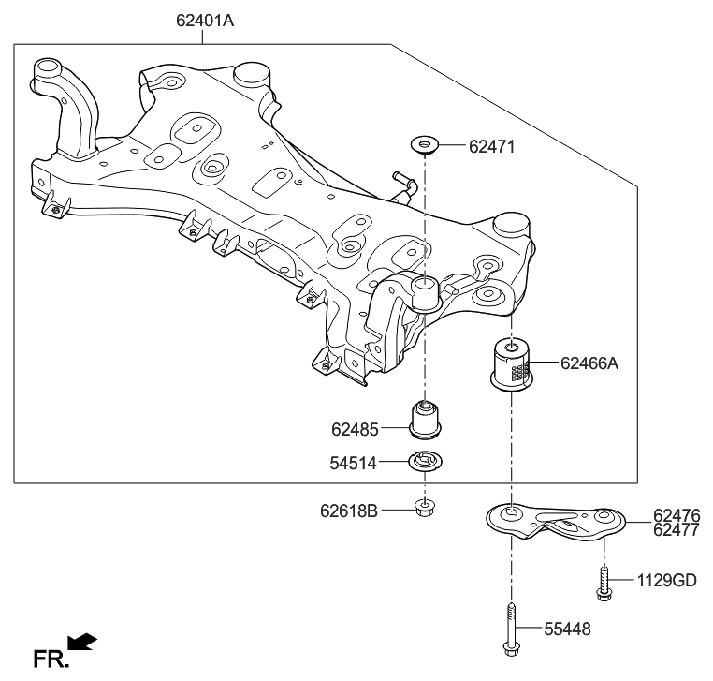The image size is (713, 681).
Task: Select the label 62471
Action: [492, 147]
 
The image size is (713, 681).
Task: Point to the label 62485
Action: [354, 431]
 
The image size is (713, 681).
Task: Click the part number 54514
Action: [354, 462]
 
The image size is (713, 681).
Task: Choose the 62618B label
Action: [349, 511]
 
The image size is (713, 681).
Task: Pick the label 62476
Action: [676, 516]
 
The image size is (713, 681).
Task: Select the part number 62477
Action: [676, 530]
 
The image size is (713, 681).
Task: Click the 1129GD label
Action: [667, 581]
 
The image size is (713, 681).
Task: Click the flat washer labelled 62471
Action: [425, 145]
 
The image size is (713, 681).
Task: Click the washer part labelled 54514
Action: [426, 461]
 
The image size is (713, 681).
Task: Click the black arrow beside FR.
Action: [83, 641]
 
